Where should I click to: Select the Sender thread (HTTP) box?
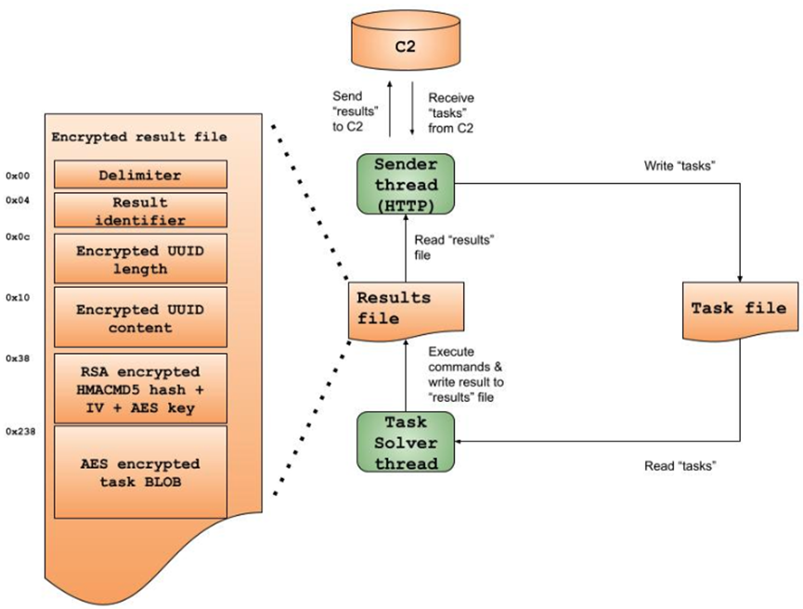pos(405,182)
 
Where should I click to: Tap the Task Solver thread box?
pos(405,442)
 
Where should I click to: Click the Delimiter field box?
pos(140,175)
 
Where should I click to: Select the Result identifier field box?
pos(140,211)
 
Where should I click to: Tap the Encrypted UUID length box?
pos(140,259)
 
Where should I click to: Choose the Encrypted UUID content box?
pos(140,317)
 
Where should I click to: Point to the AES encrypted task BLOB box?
pos(140,472)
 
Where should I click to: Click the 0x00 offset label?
pos(19,175)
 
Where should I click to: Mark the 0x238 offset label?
pos(20,432)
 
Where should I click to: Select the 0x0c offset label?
pos(19,237)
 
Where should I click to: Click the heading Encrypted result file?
pos(139,137)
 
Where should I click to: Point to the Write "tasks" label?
pos(679,167)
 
